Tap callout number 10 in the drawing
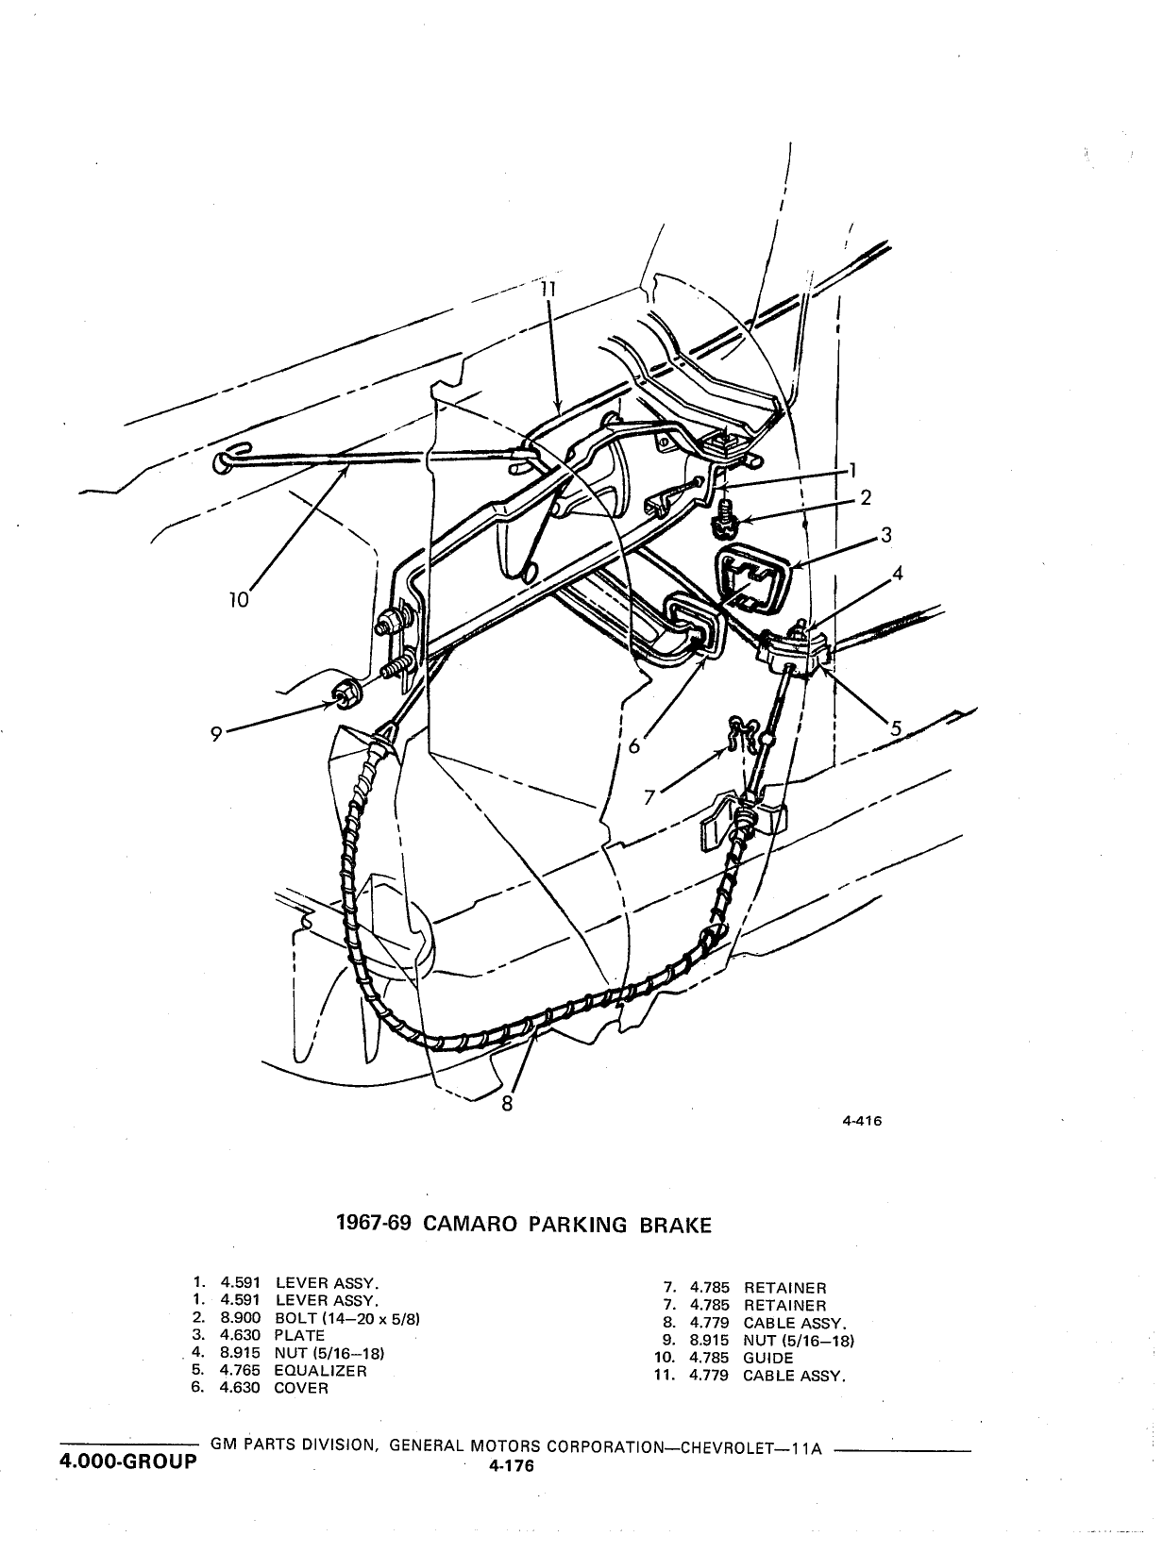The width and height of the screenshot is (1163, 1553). (239, 600)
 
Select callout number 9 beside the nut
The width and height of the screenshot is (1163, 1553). (216, 734)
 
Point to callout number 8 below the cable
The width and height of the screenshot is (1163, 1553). (507, 1104)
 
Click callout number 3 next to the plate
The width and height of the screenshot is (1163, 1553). (885, 535)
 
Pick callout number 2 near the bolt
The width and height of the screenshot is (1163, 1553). (865, 497)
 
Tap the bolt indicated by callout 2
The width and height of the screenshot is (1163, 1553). (724, 517)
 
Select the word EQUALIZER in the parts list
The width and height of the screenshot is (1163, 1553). (320, 1371)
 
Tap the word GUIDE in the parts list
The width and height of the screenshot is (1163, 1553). (768, 1358)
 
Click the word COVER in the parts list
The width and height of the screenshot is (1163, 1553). (301, 1388)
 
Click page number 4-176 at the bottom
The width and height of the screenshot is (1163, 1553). (511, 1466)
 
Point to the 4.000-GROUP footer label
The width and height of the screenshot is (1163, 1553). (128, 1461)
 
